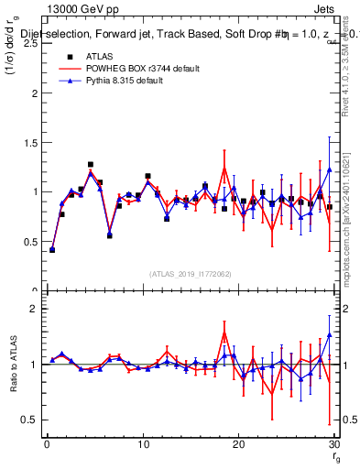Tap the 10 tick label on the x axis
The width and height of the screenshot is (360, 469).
click(142, 444)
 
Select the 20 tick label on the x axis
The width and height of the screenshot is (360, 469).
click(238, 444)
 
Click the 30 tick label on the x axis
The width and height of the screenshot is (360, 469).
click(333, 444)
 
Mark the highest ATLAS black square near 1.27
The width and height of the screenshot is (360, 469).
click(91, 165)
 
